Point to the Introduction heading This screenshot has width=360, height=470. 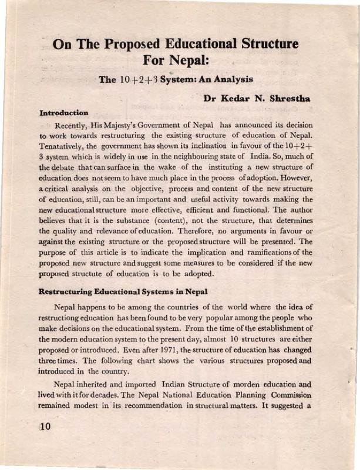(x=63, y=112)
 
